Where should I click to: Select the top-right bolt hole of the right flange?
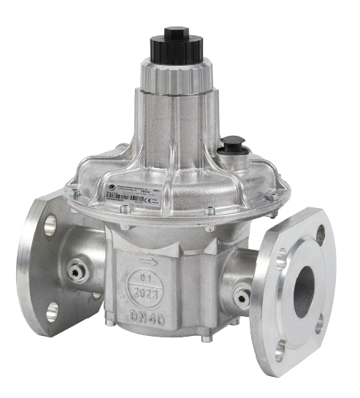(320, 234)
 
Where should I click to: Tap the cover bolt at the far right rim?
(272, 196)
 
